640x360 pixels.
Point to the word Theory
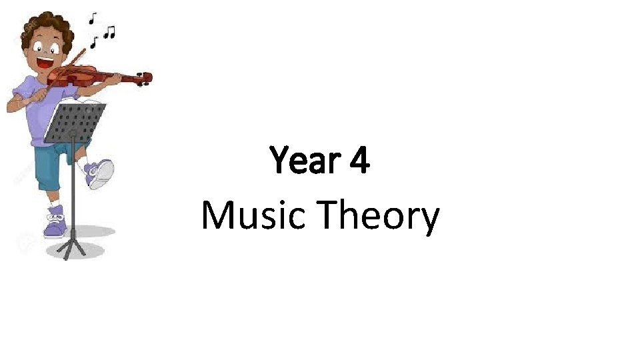click(378, 217)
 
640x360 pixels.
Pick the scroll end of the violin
click(146, 79)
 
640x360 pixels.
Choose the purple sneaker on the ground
click(55, 223)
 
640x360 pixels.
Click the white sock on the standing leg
click(56, 204)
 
